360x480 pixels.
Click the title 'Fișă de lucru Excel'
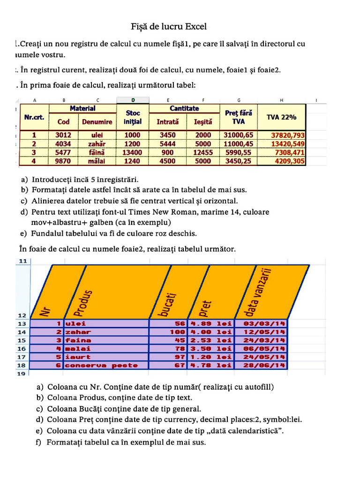coord(168,26)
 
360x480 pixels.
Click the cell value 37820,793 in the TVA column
coord(288,135)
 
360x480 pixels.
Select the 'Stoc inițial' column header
coord(133,117)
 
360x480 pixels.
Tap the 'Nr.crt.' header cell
coord(34,117)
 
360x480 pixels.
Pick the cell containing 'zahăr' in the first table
coord(97,144)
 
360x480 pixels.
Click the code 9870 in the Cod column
coord(63,161)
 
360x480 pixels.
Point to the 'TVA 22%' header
coord(282,117)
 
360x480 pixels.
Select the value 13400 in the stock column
coord(132,152)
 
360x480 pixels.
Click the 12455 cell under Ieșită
coord(203,152)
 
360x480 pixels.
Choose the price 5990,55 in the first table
coord(239,152)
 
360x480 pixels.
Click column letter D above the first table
coord(133,100)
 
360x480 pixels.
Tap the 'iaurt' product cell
coord(75,357)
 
